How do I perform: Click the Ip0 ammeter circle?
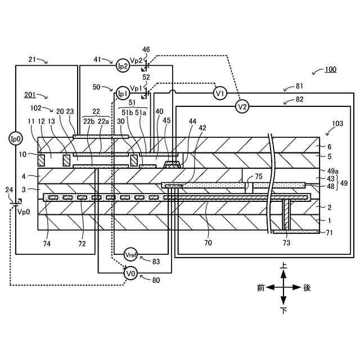15,138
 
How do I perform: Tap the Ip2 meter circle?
123,66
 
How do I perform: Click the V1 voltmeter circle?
220,93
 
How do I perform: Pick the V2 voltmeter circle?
242,106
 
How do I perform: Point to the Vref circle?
131,254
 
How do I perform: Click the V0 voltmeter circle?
130,273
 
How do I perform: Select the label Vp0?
23,212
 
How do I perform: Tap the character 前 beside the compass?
260,287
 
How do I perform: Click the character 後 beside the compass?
307,287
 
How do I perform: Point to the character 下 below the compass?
283,310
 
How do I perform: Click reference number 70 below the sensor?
208,244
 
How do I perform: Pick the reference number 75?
258,176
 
